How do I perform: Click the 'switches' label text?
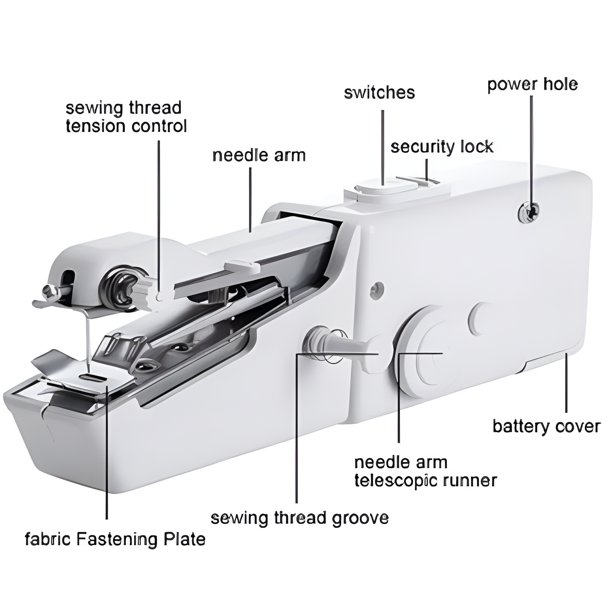point(379,93)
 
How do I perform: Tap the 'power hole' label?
point(532,84)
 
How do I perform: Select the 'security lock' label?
point(442,147)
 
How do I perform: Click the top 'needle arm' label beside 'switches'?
point(259,155)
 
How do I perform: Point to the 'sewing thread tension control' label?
point(126,117)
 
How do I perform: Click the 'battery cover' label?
point(547,426)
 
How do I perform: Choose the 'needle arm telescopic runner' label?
point(425,472)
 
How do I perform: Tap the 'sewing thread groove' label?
point(299,518)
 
